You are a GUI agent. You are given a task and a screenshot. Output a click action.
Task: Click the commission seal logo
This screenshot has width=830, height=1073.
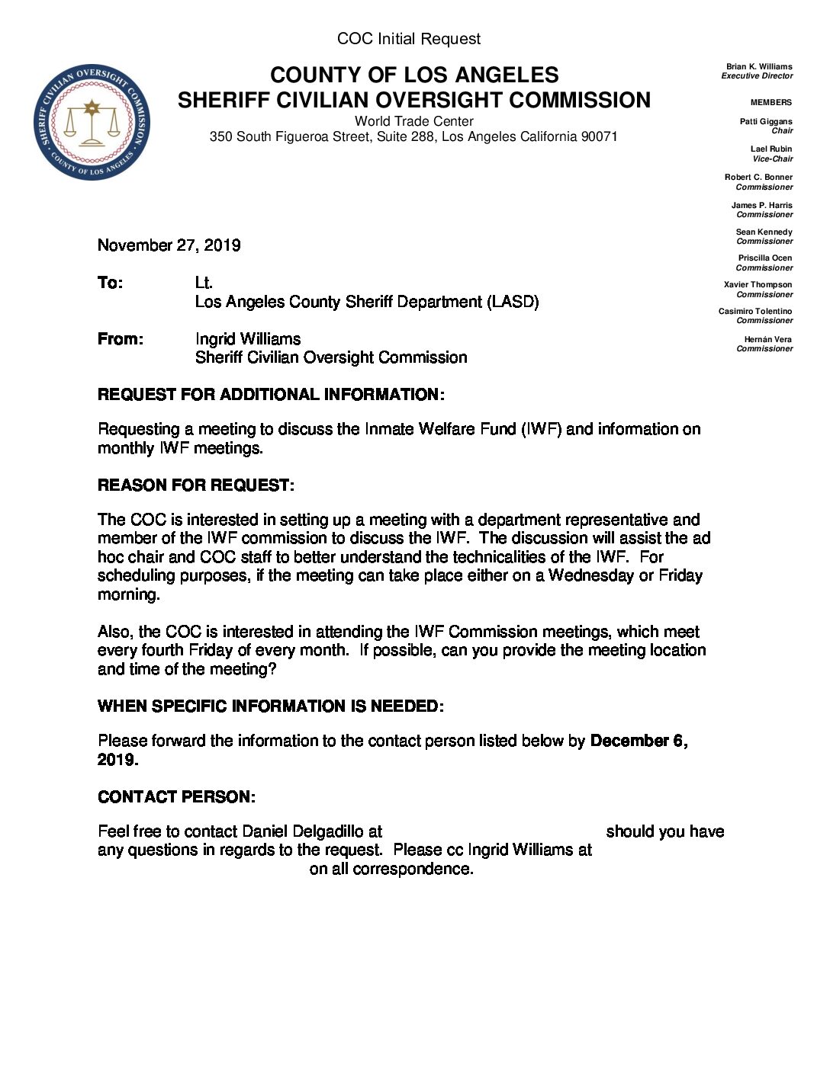point(92,123)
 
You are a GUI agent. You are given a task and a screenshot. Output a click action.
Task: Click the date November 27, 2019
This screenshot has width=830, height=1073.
point(169,245)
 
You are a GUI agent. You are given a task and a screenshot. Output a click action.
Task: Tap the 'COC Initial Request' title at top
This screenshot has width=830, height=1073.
point(409,39)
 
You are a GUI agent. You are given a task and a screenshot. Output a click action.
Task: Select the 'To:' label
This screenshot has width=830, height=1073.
point(110,283)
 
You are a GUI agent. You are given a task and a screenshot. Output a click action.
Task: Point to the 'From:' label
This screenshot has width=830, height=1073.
point(120,339)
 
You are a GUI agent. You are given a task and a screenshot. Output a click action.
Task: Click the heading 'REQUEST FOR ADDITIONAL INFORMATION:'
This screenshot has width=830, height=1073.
point(271,395)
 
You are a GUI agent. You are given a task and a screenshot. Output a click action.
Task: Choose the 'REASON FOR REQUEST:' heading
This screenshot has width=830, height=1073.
point(195,485)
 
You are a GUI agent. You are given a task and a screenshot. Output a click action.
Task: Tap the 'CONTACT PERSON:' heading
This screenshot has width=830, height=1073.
point(176,797)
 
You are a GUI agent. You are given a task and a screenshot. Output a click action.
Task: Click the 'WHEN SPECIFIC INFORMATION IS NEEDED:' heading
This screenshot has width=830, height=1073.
point(270,706)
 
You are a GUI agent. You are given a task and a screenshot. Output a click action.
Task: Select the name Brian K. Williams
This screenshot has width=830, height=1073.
point(759,67)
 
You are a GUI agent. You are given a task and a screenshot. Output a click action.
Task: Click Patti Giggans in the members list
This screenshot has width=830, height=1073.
point(766,122)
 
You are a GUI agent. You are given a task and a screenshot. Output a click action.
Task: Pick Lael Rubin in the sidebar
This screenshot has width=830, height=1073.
point(771,149)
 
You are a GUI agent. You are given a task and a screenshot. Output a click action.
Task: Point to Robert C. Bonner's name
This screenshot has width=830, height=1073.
point(758,178)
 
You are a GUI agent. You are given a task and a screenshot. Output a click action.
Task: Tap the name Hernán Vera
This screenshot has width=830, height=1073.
point(768,340)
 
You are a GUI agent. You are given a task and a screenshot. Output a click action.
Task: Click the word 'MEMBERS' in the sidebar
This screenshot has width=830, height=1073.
point(770,102)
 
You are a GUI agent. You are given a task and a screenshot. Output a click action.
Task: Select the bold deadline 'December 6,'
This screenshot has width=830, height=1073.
point(639,741)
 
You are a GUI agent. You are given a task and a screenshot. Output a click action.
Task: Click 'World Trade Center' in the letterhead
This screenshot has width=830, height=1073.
point(413,121)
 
